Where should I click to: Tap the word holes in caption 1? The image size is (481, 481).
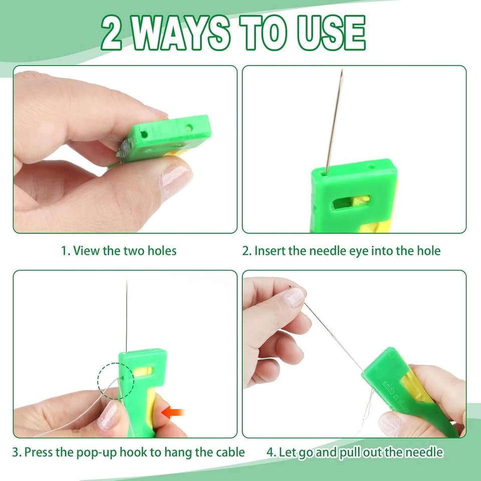pyautogui.click(x=160, y=251)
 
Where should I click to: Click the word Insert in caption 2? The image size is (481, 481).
pyautogui.click(x=270, y=251)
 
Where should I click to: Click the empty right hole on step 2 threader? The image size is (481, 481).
pyautogui.click(x=371, y=167)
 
